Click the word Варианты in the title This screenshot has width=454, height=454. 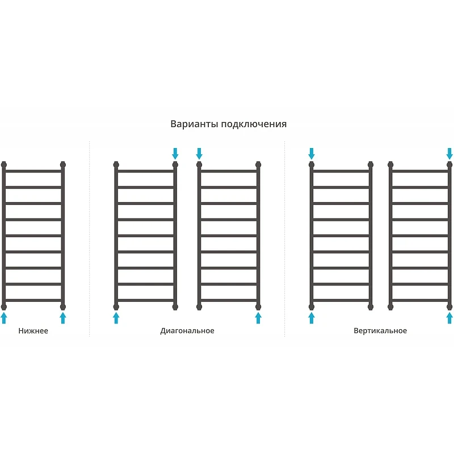[x=194, y=124]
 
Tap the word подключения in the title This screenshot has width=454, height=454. [x=254, y=124]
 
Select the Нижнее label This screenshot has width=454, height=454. [x=33, y=331]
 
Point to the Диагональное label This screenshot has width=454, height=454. [x=187, y=331]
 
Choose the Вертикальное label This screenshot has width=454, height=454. [x=380, y=331]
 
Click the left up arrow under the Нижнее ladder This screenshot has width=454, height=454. [x=4, y=318]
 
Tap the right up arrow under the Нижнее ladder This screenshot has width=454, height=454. [x=63, y=318]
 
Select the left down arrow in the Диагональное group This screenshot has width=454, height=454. [x=175, y=154]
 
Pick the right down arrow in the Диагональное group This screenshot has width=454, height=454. [x=199, y=154]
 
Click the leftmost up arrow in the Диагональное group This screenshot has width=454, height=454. [x=116, y=318]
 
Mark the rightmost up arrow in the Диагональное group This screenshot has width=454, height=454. [x=258, y=318]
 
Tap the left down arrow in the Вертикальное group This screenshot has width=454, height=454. [x=312, y=154]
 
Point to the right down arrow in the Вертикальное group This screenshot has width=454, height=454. [x=449, y=154]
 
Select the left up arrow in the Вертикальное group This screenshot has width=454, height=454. [x=312, y=318]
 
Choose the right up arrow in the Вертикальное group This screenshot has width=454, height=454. [x=449, y=318]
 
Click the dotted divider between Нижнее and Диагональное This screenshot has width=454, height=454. [x=90, y=239]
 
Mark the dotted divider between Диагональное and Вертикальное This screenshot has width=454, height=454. [x=285, y=239]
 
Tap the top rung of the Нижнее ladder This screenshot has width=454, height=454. [x=33, y=171]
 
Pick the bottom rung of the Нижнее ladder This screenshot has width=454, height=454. [x=33, y=301]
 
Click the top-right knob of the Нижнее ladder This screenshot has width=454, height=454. [x=63, y=165]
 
